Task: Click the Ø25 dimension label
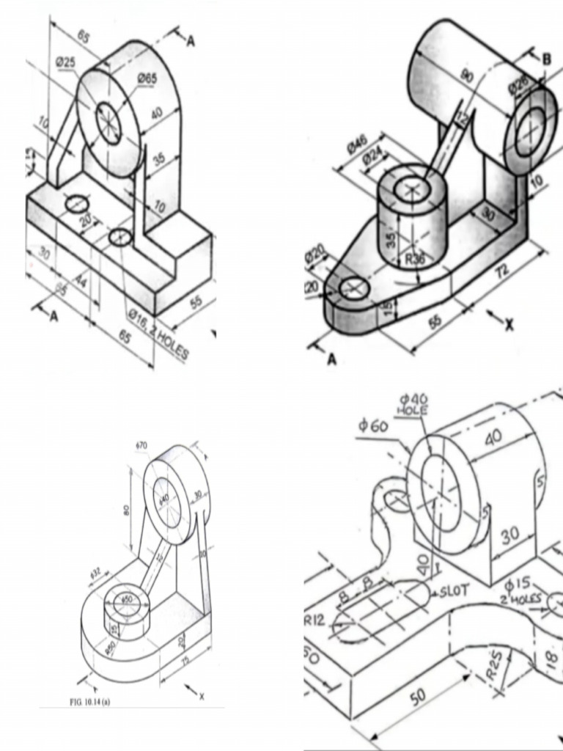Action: (x=66, y=62)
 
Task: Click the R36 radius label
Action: (x=416, y=259)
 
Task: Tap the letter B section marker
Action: (x=547, y=59)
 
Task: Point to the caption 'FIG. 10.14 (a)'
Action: (x=89, y=702)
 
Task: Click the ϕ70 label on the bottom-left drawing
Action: (x=141, y=445)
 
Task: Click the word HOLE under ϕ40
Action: (x=413, y=411)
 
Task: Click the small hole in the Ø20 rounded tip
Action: (x=354, y=288)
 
